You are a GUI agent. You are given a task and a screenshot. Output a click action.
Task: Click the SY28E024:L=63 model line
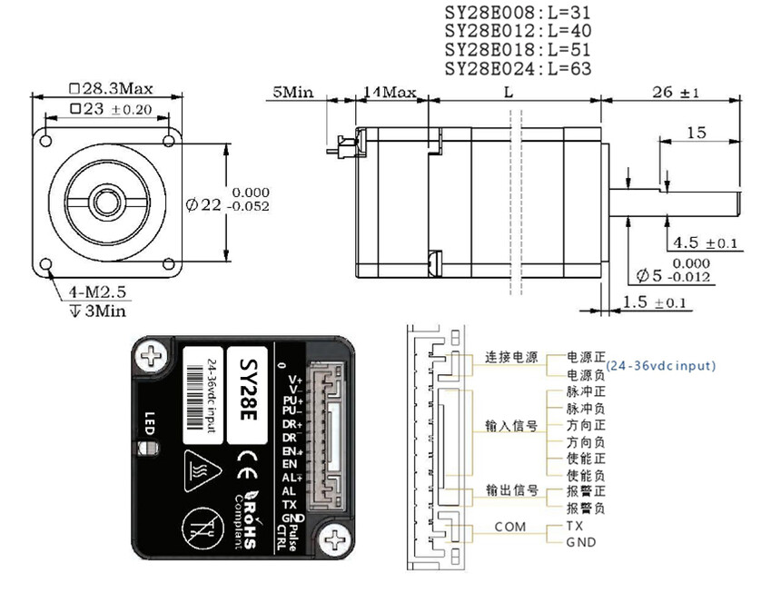click(519, 69)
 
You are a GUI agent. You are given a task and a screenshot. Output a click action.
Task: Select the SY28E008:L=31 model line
click(519, 12)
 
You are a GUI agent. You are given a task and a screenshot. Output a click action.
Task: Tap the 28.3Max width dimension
click(111, 89)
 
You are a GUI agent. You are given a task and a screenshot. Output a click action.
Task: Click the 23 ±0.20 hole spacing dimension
click(110, 110)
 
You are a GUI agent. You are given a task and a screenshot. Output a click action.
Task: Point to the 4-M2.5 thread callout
click(96, 293)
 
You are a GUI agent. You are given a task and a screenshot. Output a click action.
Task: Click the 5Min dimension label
click(292, 93)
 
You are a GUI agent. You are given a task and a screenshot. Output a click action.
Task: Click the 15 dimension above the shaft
click(696, 133)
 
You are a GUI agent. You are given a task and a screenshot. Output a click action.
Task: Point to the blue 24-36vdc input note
click(660, 365)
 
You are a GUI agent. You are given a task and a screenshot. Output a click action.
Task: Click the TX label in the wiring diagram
click(575, 526)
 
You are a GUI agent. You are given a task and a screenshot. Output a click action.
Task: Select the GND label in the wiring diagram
click(581, 542)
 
